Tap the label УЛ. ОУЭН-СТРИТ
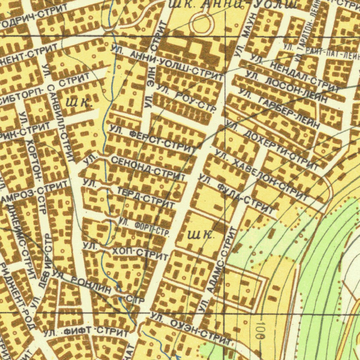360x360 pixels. pos(190,329)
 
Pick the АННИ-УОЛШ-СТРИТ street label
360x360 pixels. pos(167,63)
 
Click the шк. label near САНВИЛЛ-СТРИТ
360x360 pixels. pos(79,103)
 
